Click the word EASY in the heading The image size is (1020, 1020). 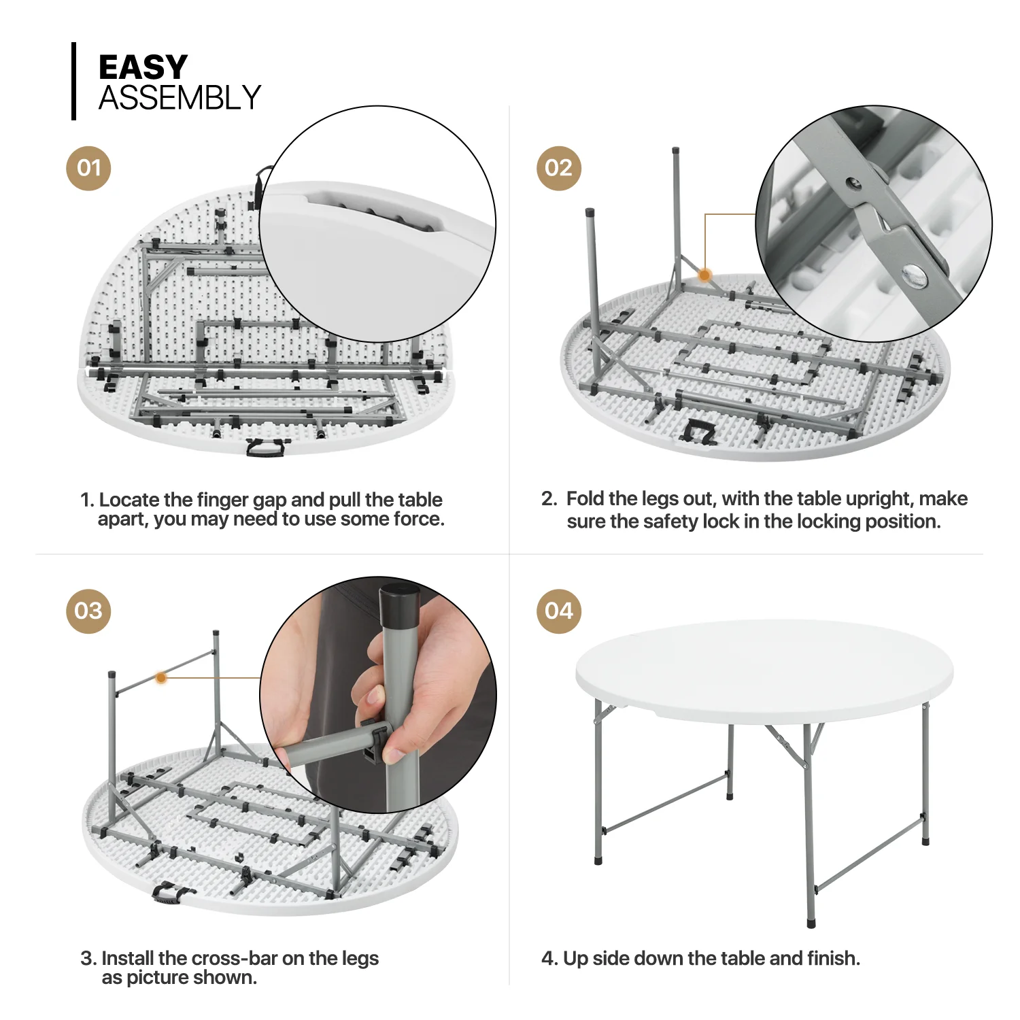(x=143, y=67)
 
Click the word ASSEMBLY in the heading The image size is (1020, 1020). (x=180, y=98)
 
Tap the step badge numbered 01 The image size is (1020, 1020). (x=88, y=168)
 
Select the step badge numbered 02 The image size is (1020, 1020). (x=558, y=168)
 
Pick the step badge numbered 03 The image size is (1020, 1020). (x=88, y=611)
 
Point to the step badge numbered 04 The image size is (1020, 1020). (x=558, y=611)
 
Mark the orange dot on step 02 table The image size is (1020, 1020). (x=705, y=275)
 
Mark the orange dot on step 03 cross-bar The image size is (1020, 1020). (x=161, y=677)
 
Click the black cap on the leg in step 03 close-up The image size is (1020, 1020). (x=400, y=607)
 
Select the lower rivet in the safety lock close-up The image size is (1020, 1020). (x=913, y=275)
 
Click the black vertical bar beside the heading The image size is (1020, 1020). (x=73, y=82)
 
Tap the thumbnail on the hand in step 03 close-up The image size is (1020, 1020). (x=375, y=697)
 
